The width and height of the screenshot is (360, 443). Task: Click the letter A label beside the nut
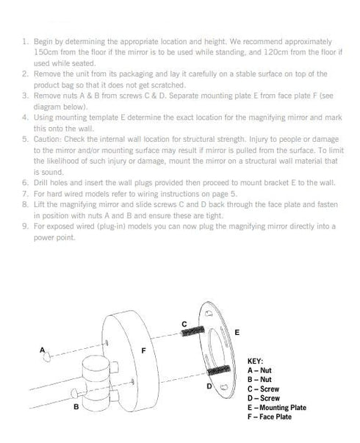43,350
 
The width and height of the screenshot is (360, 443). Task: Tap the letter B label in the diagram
76,407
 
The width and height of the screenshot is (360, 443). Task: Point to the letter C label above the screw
184,324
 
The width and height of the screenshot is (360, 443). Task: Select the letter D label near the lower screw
209,386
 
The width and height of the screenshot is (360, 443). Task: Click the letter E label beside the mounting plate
237,332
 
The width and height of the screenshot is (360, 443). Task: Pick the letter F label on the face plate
143,350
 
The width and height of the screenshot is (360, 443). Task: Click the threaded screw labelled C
192,331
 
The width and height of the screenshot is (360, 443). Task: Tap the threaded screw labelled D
218,370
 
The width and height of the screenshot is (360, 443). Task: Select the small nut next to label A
47,357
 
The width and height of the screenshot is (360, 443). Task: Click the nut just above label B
74,393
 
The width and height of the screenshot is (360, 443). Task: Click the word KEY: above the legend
255,361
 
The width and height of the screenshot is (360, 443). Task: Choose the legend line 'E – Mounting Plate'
277,408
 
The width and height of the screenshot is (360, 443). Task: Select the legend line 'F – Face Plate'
270,417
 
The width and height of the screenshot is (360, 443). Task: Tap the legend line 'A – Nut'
259,370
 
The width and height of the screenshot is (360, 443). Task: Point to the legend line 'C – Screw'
263,389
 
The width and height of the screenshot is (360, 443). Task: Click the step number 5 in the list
26,140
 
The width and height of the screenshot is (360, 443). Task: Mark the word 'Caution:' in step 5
48,140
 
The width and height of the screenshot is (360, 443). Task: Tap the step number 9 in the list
26,226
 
